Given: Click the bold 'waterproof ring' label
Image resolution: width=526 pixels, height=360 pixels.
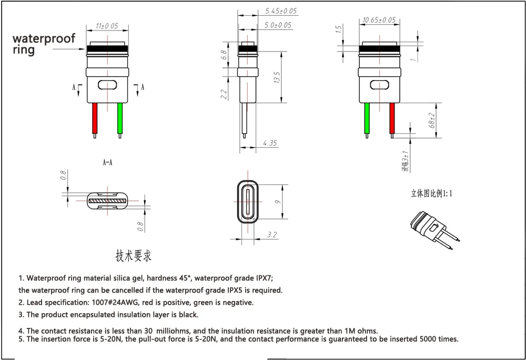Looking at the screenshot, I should pyautogui.click(x=44, y=44).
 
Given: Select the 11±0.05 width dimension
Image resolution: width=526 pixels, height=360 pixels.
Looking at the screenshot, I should pyautogui.click(x=106, y=25).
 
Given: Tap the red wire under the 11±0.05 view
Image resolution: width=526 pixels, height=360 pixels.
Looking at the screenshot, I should pyautogui.click(x=95, y=118).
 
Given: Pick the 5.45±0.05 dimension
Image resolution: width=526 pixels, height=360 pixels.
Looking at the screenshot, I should pyautogui.click(x=281, y=11).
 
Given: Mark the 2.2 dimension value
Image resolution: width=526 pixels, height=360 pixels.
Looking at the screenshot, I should pyautogui.click(x=224, y=94).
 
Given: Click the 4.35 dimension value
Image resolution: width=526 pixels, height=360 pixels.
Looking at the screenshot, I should pyautogui.click(x=269, y=143).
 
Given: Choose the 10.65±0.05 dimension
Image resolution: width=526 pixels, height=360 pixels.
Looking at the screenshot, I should pyautogui.click(x=379, y=20).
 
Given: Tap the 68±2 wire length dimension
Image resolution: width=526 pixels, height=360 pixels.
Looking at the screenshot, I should pyautogui.click(x=432, y=121).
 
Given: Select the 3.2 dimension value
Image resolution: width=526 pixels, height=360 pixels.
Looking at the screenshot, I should pyautogui.click(x=271, y=235).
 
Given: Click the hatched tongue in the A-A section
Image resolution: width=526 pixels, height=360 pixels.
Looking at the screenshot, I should pyautogui.click(x=108, y=201).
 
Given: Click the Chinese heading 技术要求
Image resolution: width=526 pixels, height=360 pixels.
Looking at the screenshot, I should pyautogui.click(x=134, y=256).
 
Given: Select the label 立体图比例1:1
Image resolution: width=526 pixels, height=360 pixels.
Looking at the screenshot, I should pyautogui.click(x=431, y=193).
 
